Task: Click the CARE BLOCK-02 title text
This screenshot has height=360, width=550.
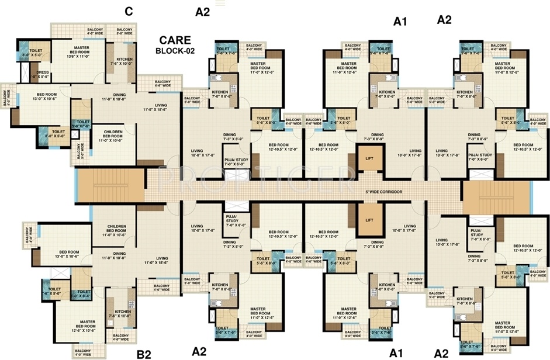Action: pos(175,46)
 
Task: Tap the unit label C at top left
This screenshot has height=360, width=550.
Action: pos(128,11)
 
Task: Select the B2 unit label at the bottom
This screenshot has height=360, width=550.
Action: pos(144,353)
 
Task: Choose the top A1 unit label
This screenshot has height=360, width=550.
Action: pos(400,22)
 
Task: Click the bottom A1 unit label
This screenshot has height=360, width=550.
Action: pos(397,353)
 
